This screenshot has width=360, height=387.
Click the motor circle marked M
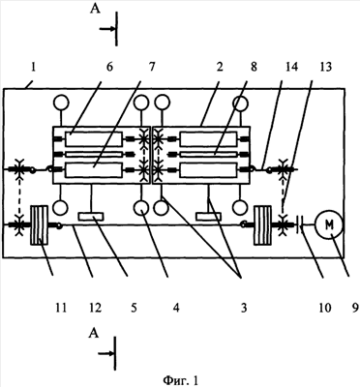328,225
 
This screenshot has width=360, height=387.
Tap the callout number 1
33,68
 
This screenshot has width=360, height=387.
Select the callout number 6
109,68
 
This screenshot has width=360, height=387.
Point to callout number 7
152,68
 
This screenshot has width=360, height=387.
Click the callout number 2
220,68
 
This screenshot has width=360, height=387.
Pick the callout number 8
254,68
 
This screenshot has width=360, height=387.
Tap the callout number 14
290,68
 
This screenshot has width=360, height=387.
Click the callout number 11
61,308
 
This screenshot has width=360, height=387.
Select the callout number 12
95,308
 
